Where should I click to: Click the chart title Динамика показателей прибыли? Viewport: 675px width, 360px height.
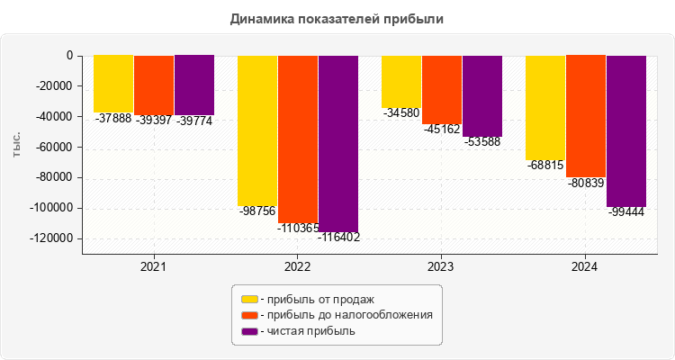337,18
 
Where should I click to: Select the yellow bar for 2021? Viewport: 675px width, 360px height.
113,83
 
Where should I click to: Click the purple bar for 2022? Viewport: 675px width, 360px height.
338,144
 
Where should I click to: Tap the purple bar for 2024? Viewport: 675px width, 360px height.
626,130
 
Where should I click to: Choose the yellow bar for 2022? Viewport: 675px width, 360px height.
257,130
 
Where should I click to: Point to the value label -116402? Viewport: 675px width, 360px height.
338,238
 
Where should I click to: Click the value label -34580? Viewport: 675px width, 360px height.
400,113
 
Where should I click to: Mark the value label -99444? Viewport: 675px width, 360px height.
625,212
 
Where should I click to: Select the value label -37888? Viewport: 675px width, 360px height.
112,118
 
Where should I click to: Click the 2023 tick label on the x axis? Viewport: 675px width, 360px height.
441,267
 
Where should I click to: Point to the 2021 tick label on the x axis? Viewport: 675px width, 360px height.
153,267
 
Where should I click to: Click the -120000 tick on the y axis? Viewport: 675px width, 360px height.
51,238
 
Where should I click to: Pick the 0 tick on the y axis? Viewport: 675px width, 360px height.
69,56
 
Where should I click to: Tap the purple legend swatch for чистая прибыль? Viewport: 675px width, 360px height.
249,331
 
